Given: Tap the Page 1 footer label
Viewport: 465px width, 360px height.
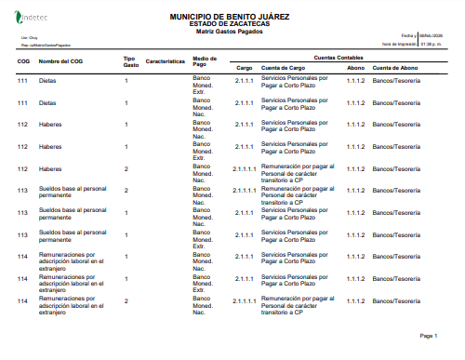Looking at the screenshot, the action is click(429, 335).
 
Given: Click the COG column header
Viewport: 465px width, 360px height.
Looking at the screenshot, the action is click(23, 61).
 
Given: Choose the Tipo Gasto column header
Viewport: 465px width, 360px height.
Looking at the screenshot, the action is click(130, 61).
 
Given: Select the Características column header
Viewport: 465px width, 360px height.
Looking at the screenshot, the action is click(166, 61).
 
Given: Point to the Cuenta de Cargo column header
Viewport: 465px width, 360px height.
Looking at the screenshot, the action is click(284, 68).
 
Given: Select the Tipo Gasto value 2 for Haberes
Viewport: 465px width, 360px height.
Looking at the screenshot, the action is click(126, 168).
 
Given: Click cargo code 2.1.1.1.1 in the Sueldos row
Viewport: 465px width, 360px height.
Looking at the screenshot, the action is click(245, 191).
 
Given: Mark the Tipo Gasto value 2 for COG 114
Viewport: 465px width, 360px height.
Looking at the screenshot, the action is click(126, 301).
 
